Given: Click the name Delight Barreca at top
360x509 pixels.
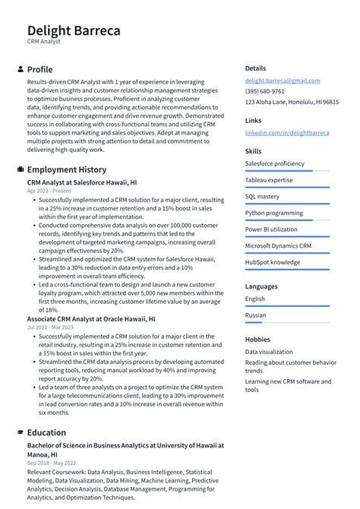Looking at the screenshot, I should (74, 30).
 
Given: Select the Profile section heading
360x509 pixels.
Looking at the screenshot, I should (39, 69).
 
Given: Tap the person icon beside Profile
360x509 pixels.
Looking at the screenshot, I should (20, 69).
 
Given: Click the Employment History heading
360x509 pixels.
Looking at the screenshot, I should (67, 169).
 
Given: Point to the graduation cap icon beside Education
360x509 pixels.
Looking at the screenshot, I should (20, 432).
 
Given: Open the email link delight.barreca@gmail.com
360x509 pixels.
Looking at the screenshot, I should (282, 81).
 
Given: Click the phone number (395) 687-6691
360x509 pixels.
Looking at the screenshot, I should (264, 91).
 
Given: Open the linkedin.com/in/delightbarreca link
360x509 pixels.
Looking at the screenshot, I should (287, 132).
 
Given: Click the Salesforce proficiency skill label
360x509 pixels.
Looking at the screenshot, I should (274, 163).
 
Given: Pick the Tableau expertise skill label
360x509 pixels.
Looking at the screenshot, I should (268, 180).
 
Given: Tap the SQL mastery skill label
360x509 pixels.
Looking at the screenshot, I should (262, 196).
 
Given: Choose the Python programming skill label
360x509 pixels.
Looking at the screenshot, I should (273, 213).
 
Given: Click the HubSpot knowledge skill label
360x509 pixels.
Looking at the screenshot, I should (272, 262).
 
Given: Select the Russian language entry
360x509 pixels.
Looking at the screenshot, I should (255, 315).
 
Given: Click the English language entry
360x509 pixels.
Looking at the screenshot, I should (254, 299).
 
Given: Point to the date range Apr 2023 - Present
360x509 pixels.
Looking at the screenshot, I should (49, 191).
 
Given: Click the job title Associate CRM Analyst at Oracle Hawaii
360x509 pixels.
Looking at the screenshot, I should (91, 320).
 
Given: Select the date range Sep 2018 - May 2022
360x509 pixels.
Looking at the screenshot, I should (52, 462).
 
